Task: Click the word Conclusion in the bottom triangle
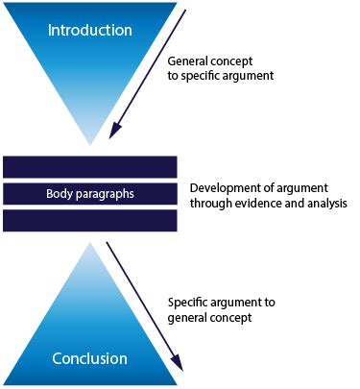89,358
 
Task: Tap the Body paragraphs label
89,194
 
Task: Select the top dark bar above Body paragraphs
89,166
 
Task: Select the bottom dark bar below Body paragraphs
89,221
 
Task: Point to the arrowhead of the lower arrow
178,364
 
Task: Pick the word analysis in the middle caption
323,203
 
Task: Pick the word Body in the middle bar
58,194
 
